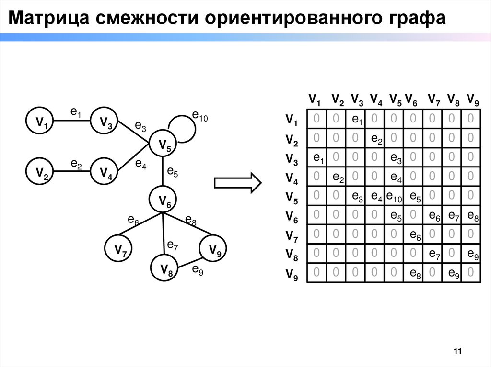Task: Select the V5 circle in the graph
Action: (x=164, y=144)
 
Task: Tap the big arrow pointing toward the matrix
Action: (x=237, y=182)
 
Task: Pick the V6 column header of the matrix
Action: (x=411, y=100)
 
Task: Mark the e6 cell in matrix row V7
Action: (x=413, y=235)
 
